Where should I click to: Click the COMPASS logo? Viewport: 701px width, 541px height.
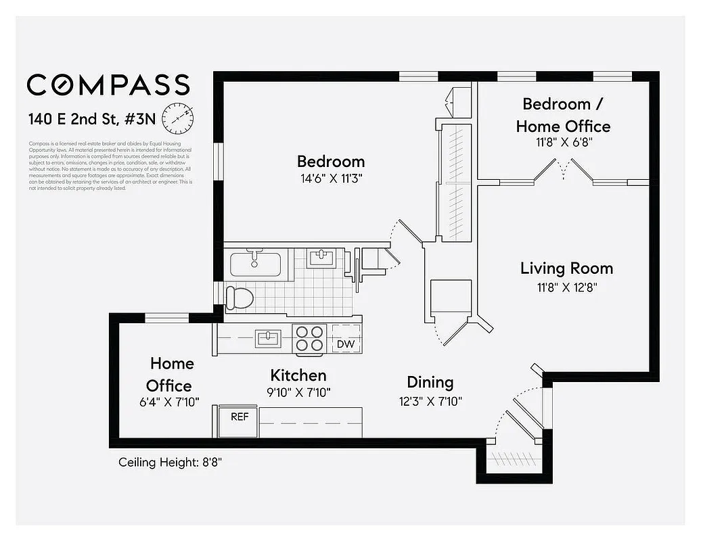pos(108,85)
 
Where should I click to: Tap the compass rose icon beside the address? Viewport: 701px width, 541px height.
pos(177,118)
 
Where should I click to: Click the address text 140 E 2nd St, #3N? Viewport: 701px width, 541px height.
pos(91,120)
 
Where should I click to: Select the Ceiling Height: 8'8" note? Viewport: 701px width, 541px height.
pos(171,463)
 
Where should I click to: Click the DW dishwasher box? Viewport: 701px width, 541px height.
pos(346,344)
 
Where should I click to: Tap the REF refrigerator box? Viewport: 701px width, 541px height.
pos(240,417)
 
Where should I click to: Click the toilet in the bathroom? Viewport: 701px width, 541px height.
pos(240,298)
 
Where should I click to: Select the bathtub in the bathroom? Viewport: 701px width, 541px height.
pos(258,262)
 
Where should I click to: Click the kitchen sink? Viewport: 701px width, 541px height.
pos(268,338)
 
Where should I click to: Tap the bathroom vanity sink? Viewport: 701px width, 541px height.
pos(320,258)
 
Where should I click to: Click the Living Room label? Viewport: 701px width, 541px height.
pos(566,268)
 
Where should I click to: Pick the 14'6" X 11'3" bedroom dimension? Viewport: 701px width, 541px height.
pos(331,179)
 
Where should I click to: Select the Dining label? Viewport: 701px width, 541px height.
pos(430,382)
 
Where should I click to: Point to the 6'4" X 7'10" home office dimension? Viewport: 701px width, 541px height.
pos(169,402)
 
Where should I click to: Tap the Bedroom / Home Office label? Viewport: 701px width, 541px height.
pos(563,115)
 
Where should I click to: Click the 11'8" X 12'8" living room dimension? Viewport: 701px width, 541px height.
pos(566,287)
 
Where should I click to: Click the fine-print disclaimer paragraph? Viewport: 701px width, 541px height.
pos(110,166)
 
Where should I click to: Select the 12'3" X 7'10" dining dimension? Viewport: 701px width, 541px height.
pos(430,400)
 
